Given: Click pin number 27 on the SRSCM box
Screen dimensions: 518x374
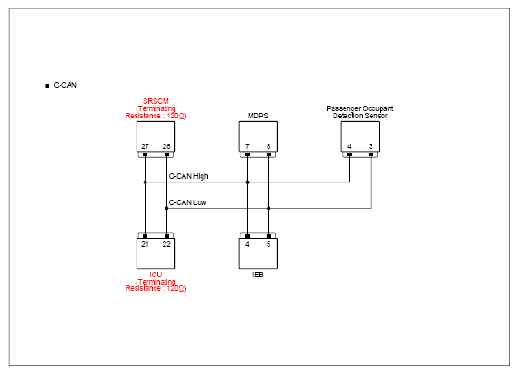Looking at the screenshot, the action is point(145,146).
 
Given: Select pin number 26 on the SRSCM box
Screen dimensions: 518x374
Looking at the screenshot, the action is point(166,146).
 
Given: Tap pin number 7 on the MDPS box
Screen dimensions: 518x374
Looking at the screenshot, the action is point(247,146).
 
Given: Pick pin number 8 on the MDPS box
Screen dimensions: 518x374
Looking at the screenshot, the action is point(268,146).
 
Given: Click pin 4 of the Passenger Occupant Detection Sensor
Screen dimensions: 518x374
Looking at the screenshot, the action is point(349,146).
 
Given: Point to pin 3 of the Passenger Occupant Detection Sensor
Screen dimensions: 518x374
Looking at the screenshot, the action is point(371,146).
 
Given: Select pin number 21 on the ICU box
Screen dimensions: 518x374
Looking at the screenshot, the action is point(145,244).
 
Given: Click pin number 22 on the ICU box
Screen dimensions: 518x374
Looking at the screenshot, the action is point(166,244).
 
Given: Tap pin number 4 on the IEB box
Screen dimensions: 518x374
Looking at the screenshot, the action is point(247,244).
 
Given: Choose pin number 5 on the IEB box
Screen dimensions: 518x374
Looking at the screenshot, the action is point(268,244).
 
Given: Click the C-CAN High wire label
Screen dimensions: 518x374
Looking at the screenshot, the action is point(189,176).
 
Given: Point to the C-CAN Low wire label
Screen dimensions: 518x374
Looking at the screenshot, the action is point(188,202).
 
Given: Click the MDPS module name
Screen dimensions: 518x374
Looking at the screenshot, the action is point(258,116).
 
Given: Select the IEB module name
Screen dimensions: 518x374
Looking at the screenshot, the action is point(258,275).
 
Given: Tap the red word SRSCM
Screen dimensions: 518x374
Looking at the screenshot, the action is point(155,101).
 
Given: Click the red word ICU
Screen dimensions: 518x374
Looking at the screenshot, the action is point(155,275).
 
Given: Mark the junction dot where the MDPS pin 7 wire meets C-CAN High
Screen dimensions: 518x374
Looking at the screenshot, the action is point(247,182).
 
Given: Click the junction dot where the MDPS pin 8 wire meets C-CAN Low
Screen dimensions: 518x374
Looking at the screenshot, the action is point(268,208).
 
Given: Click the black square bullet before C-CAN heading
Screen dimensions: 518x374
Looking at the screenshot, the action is point(47,86).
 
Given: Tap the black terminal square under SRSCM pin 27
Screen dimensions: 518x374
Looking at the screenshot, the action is point(145,154).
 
